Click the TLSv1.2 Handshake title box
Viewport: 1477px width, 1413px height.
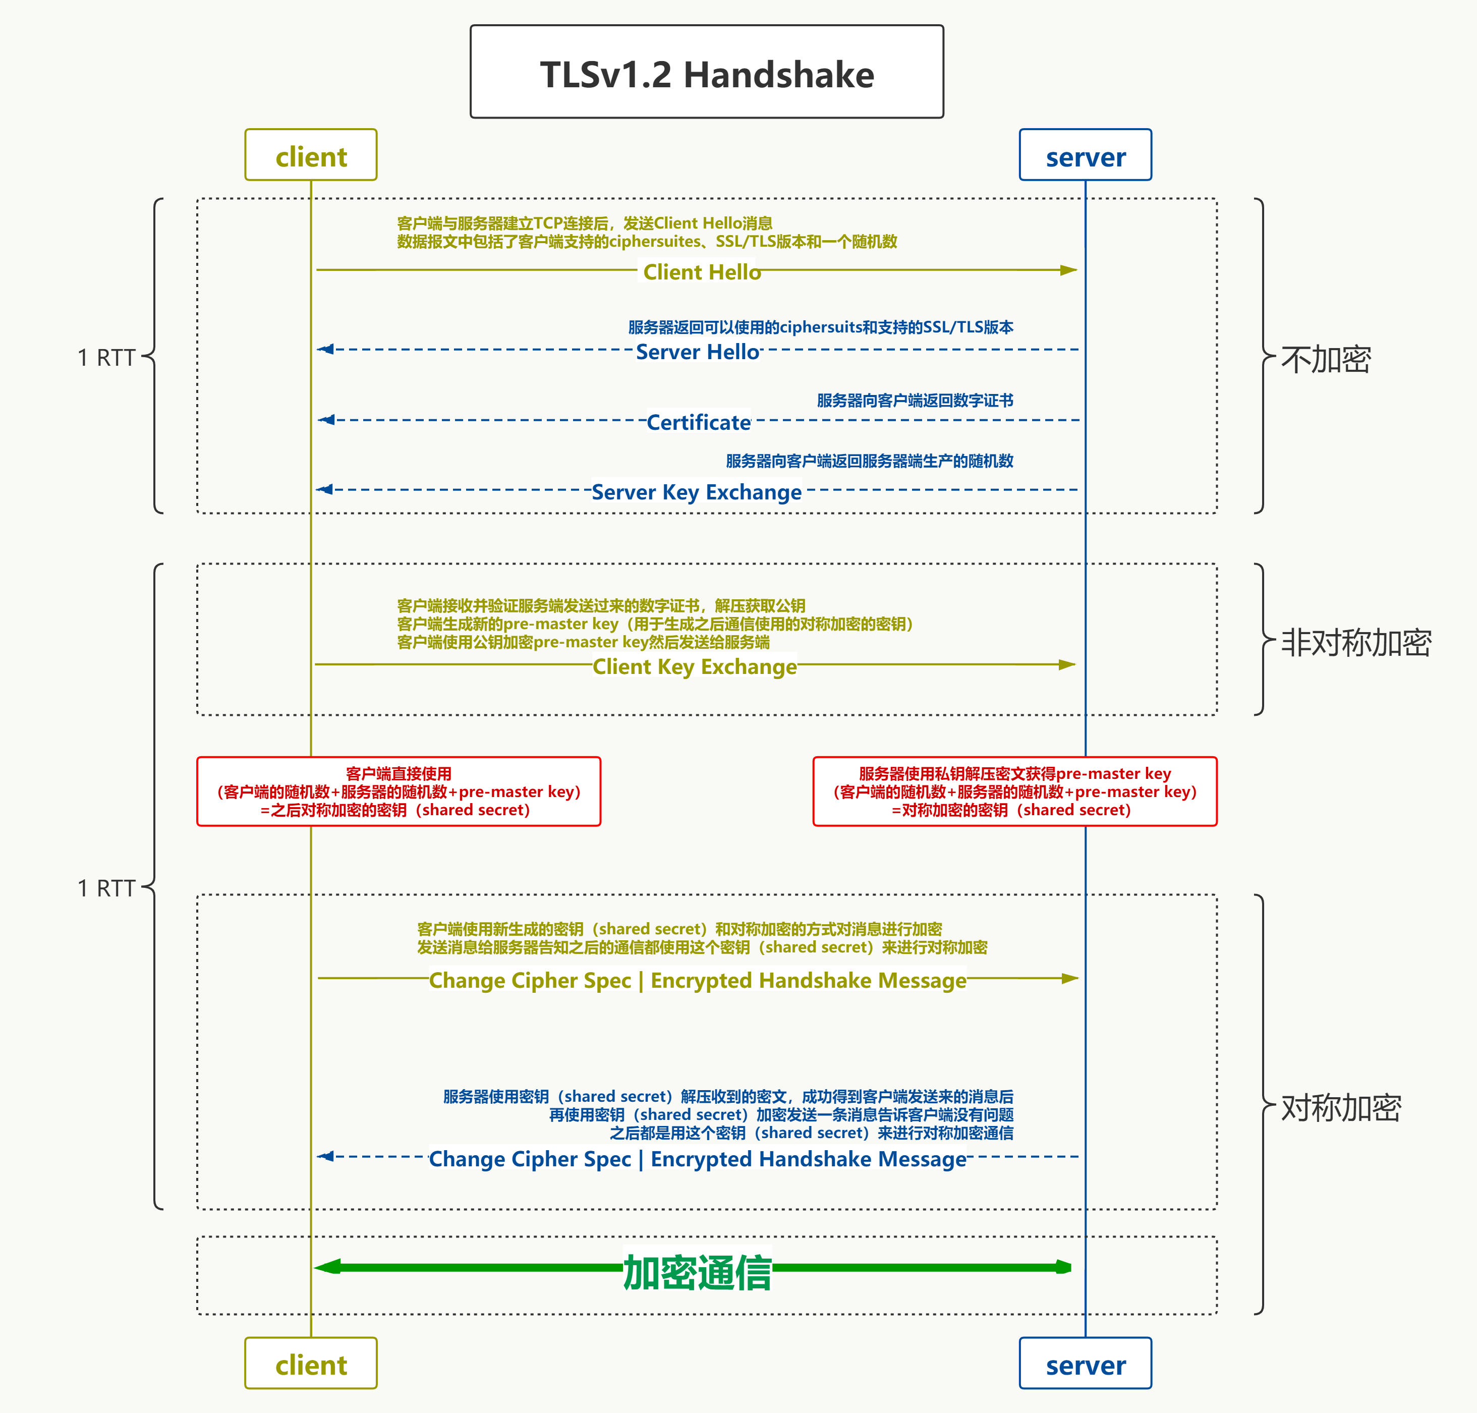coord(707,72)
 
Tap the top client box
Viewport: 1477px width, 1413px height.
coord(311,155)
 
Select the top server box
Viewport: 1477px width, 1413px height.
coord(1086,155)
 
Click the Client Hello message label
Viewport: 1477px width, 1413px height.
coord(701,272)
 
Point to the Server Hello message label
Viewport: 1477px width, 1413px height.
coord(698,352)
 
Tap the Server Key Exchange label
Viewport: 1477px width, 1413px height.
coord(696,492)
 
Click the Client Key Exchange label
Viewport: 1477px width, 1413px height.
coord(695,666)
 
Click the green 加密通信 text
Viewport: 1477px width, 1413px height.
coord(698,1273)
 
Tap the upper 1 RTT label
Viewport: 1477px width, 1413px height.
coord(106,358)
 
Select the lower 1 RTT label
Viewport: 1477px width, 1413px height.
coord(106,888)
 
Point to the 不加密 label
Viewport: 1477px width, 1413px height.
coord(1326,359)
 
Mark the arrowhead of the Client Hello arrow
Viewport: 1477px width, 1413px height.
coord(1069,270)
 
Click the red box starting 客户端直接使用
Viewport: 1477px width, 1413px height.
coord(399,792)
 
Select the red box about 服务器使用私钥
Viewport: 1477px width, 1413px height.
coord(1014,792)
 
